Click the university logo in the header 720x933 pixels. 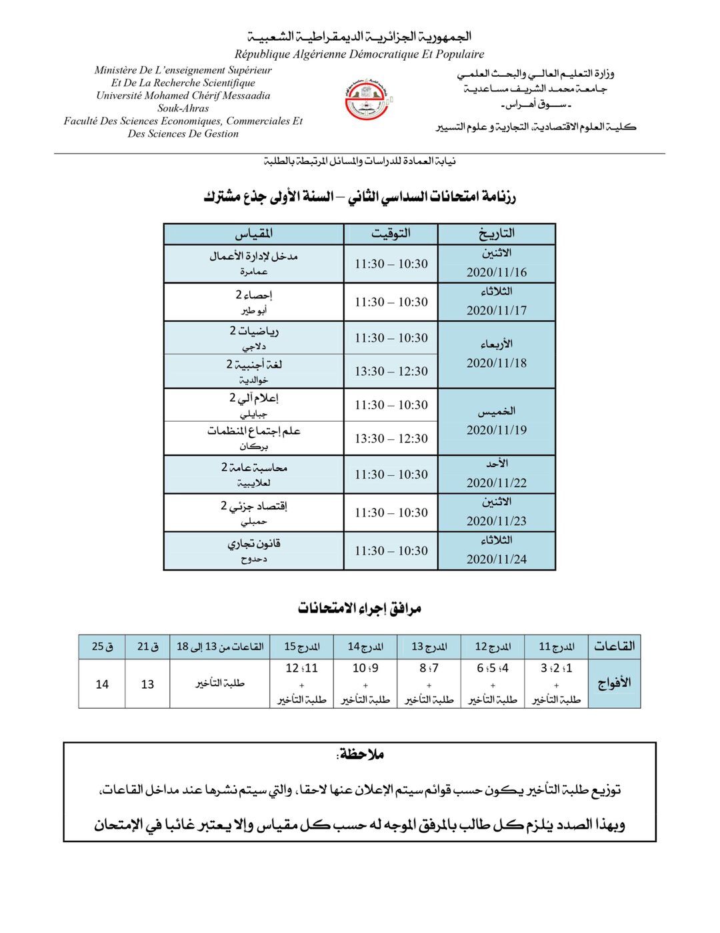[x=367, y=100]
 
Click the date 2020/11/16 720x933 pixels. [x=496, y=272]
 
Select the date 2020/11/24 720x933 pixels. [x=496, y=559]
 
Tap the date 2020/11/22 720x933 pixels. [x=496, y=483]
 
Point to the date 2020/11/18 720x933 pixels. [x=496, y=363]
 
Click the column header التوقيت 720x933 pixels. [x=391, y=234]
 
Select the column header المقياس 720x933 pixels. [x=253, y=234]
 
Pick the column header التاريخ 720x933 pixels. [x=496, y=234]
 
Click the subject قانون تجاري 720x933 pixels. [x=253, y=544]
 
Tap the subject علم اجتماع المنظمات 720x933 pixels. [x=253, y=431]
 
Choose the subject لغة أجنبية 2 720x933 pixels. [x=253, y=364]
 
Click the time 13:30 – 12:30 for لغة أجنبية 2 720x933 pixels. [x=391, y=372]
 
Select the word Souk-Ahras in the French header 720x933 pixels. [x=183, y=108]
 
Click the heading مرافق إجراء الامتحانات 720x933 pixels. [x=359, y=608]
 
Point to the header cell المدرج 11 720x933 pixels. [x=556, y=647]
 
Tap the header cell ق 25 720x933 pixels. [x=102, y=647]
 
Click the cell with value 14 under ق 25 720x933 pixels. [x=102, y=684]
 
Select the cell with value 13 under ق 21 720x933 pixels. [x=147, y=684]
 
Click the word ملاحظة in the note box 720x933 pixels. [x=361, y=755]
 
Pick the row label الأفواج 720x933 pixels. [x=614, y=683]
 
